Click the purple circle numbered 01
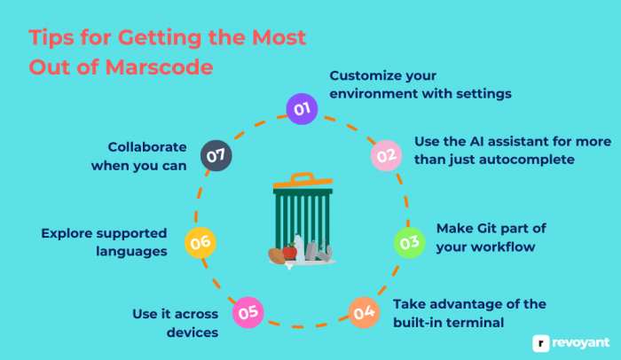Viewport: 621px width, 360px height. [302, 109]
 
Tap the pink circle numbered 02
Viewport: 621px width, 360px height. [384, 155]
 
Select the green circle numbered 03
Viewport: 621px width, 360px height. [409, 241]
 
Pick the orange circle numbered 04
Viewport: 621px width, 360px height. [363, 312]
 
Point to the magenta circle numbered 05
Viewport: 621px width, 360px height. [247, 311]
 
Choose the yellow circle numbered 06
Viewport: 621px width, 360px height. [200, 241]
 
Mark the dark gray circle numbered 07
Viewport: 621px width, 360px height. [216, 155]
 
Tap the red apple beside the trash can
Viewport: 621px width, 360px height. [289, 252]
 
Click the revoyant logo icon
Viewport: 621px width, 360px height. [540, 340]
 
